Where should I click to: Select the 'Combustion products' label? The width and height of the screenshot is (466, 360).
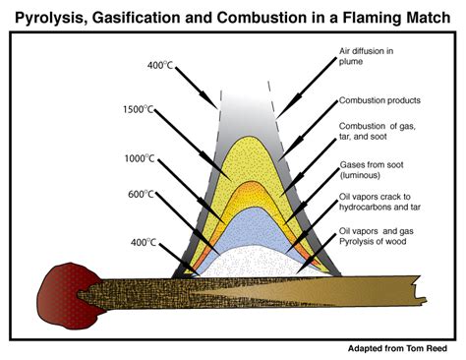click(379, 100)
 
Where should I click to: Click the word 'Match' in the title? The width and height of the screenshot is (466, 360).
click(416, 15)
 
